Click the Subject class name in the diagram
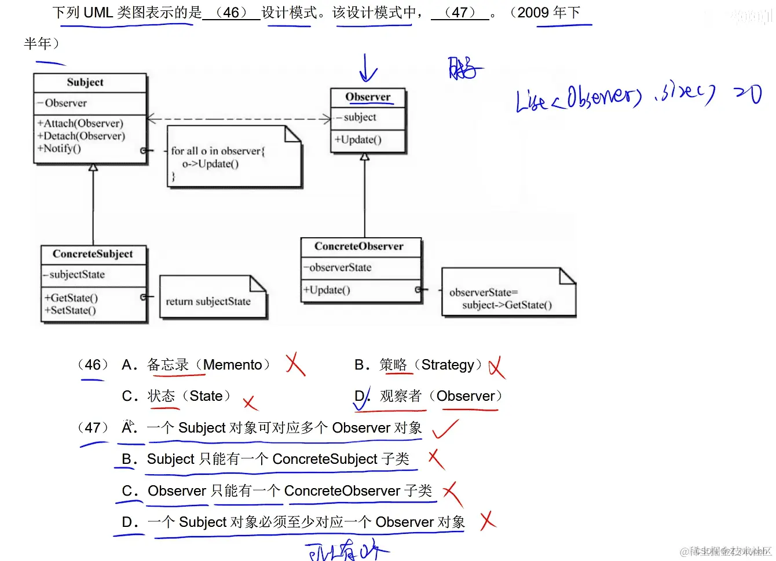[x=85, y=82]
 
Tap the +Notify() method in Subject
[x=59, y=149]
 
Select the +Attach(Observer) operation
[x=80, y=123]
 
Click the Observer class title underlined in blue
[x=368, y=97]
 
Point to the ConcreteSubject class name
[x=93, y=254]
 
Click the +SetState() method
[x=70, y=311]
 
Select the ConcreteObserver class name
[x=359, y=246]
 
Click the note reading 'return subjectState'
[x=208, y=301]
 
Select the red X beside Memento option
[x=295, y=364]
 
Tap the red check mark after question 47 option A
[x=445, y=429]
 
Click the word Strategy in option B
[x=448, y=365]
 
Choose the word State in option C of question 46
[x=206, y=396]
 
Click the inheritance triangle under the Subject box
[x=93, y=168]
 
